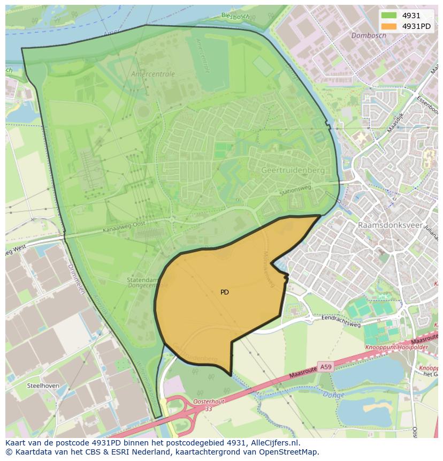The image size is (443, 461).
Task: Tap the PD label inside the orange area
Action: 225,292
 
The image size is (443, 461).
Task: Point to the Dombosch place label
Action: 369,35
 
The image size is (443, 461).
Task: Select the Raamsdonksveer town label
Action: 390,225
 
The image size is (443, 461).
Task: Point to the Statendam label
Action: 142,279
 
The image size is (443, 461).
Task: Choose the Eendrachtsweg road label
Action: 340,321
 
